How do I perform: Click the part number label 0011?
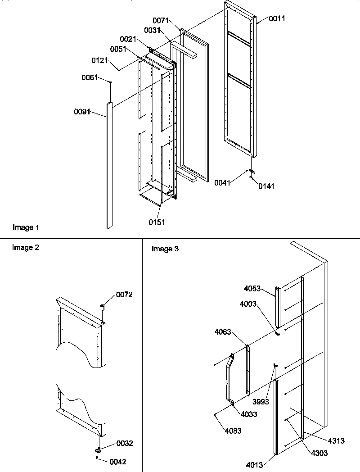(x=277, y=18)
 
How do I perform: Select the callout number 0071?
(x=160, y=21)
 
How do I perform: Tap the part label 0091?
(x=82, y=111)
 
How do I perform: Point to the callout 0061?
(x=89, y=78)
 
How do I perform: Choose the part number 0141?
(x=266, y=186)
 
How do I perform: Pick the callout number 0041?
(x=223, y=182)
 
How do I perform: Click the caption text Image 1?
(x=26, y=228)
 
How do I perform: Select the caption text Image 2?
(x=26, y=247)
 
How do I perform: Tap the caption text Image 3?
(x=165, y=249)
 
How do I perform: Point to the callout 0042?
(x=117, y=462)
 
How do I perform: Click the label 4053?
(x=252, y=288)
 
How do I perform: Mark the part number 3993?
(x=261, y=402)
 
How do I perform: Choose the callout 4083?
(x=233, y=431)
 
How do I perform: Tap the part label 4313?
(x=336, y=441)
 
